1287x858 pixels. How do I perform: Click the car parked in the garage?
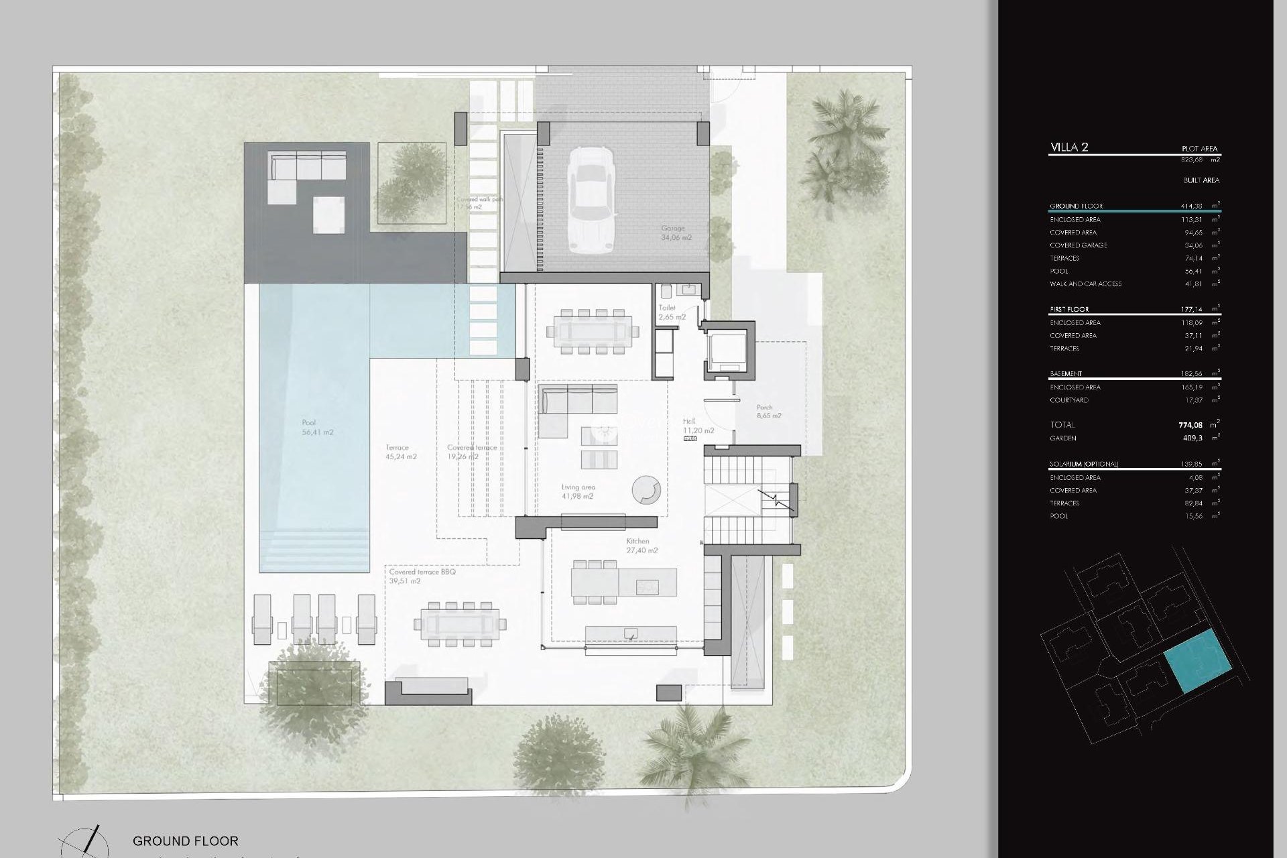[x=591, y=199]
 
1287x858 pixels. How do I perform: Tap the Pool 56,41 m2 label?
[x=316, y=428]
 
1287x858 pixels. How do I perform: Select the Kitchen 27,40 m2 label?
[x=641, y=546]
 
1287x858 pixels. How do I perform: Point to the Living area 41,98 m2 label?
[x=578, y=492]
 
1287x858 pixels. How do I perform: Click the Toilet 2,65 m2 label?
[x=671, y=312]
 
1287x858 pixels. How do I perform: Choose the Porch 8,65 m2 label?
[x=768, y=412]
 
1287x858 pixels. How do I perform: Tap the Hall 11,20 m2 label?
[x=697, y=426]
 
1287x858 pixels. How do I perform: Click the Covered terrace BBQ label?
[x=422, y=572]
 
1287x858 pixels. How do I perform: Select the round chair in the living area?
[x=646, y=490]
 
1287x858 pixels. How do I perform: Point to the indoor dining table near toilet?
[x=593, y=331]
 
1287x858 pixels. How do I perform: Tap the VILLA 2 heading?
[x=1068, y=147]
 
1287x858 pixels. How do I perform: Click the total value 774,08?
[x=1190, y=425]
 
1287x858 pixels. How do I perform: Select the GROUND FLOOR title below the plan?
[x=185, y=841]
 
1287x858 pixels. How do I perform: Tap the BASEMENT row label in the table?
[x=1066, y=373]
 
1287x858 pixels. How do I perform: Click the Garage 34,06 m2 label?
[x=676, y=233]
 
